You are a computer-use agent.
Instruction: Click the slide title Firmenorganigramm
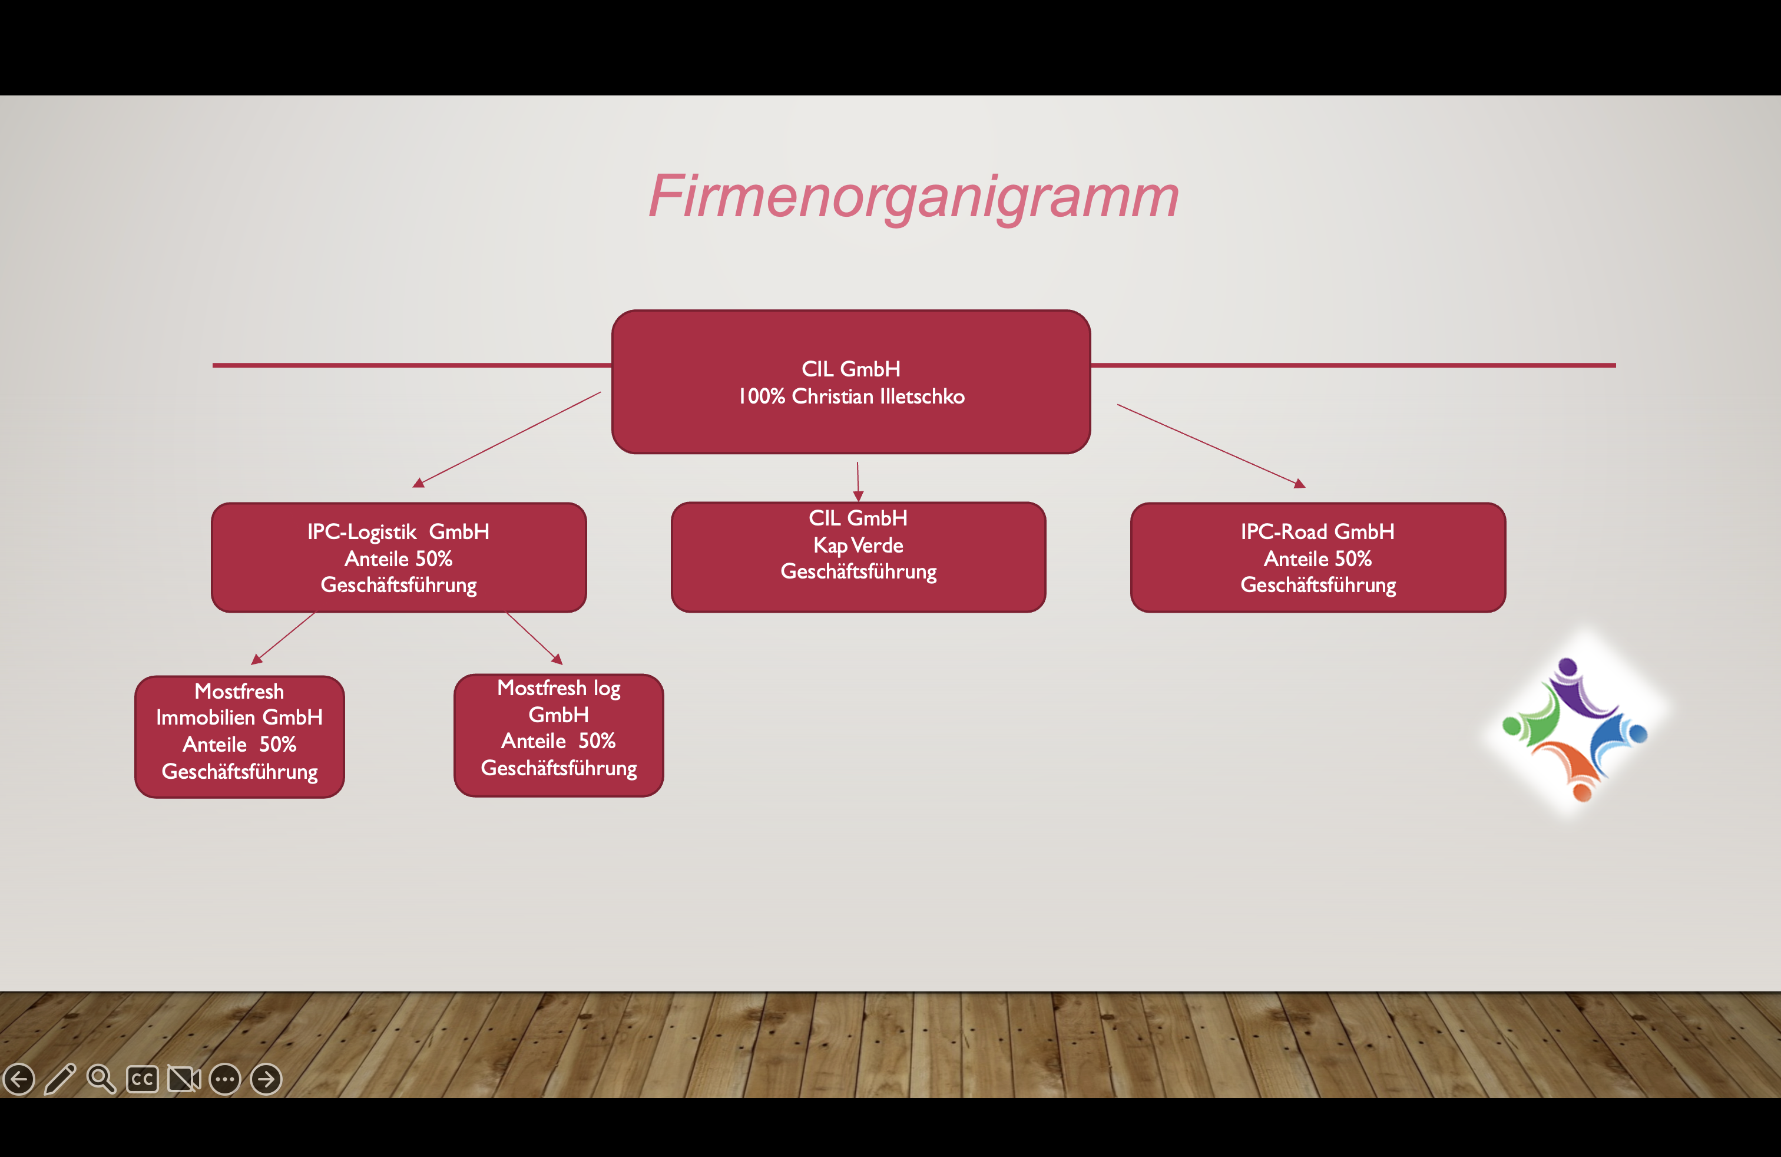[913, 196]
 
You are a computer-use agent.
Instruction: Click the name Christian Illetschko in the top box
[879, 396]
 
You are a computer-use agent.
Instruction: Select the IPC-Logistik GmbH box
[399, 557]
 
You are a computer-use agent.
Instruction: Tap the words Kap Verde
[858, 545]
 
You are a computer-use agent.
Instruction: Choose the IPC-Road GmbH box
[1318, 557]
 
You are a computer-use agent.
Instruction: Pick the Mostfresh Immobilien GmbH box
[240, 737]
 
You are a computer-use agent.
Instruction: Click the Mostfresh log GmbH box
[559, 736]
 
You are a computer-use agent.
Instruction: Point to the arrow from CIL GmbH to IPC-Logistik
[507, 439]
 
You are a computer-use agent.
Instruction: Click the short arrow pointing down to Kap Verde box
[858, 481]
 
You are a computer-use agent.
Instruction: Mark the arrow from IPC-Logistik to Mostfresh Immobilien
[283, 639]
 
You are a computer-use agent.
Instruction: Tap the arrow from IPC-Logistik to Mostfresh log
[534, 639]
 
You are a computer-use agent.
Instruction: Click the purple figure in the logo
[1579, 687]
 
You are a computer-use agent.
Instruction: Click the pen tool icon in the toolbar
[61, 1079]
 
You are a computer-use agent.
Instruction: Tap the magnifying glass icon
[101, 1079]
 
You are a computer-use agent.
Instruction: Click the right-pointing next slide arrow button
[266, 1079]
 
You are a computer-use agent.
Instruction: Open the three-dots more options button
[224, 1079]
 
